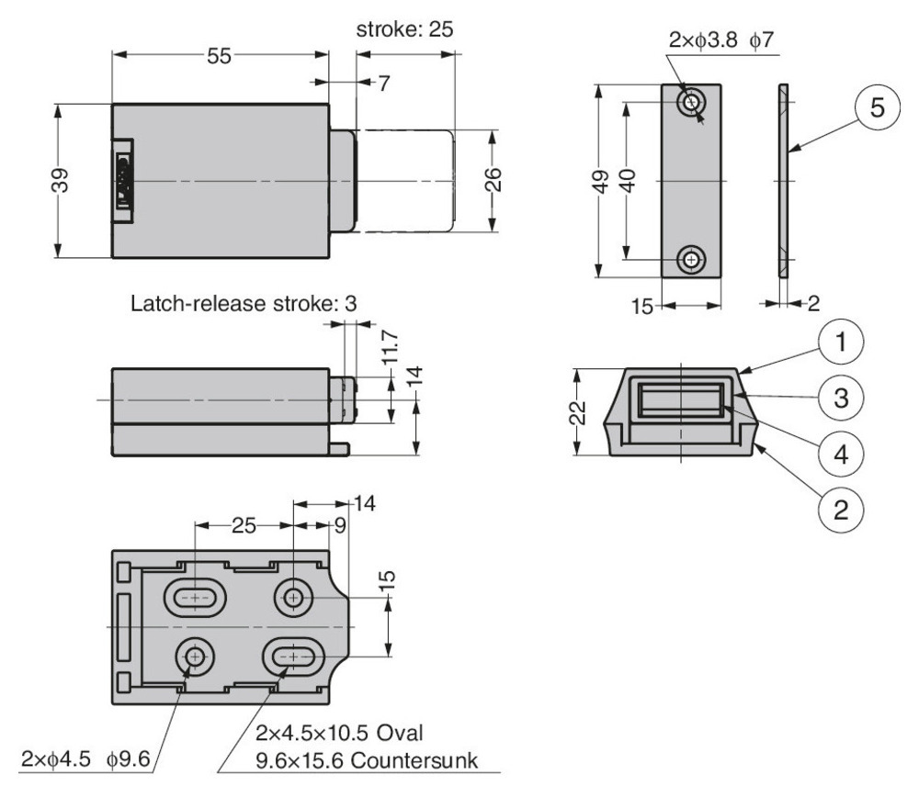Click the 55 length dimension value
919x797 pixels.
[x=218, y=56]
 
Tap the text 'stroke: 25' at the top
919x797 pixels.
[x=404, y=28]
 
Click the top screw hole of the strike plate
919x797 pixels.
[x=691, y=104]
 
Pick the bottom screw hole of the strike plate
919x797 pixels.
[x=691, y=261]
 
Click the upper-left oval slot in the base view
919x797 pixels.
[x=196, y=598]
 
